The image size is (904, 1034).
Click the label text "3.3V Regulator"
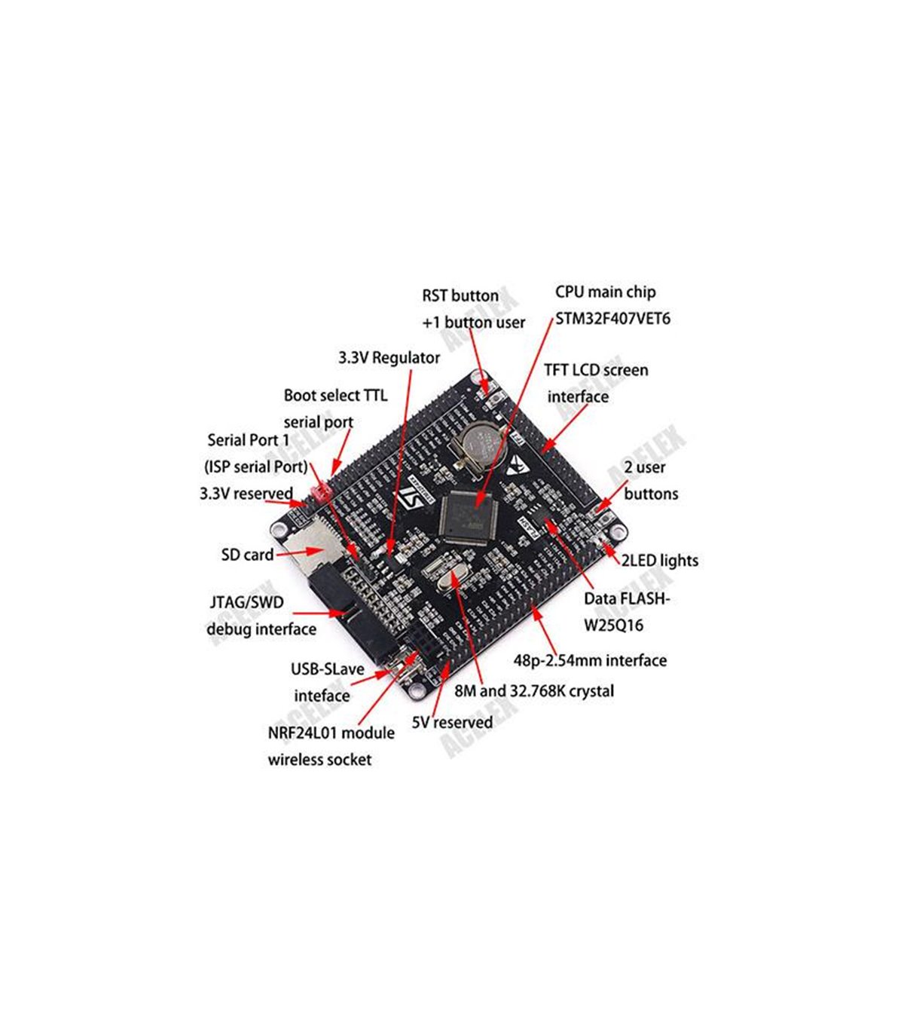tap(389, 358)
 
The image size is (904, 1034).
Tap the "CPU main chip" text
tap(605, 292)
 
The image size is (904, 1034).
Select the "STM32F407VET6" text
tap(612, 319)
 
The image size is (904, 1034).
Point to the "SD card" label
tap(247, 555)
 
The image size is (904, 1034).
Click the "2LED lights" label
tap(659, 561)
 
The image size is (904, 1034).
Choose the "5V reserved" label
tap(452, 722)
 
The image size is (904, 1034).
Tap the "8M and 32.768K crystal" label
tap(534, 690)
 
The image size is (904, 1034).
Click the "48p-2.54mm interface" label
tap(590, 661)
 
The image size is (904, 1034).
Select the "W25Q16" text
tap(613, 626)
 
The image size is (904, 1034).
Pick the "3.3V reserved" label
tap(246, 494)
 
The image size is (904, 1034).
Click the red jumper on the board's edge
tap(320, 494)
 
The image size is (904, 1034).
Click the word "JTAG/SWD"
tap(246, 603)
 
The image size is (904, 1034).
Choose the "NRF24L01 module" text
tap(331, 733)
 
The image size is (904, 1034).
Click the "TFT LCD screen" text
tap(595, 370)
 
